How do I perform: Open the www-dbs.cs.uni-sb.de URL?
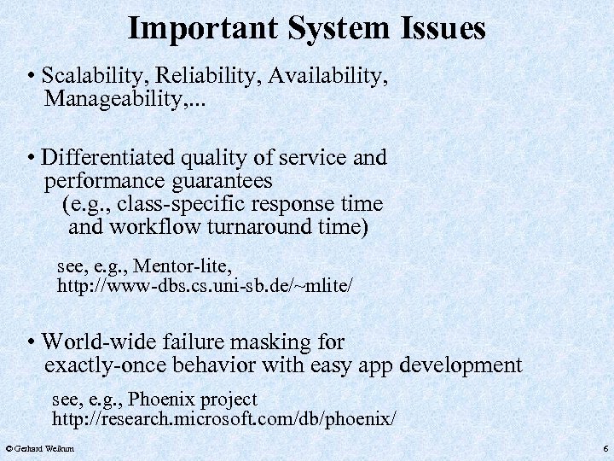coord(204,285)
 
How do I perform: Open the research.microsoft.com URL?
coord(223,419)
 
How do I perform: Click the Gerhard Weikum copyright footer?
coord(39,448)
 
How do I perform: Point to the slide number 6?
coord(605,448)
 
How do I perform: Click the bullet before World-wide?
coord(31,343)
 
